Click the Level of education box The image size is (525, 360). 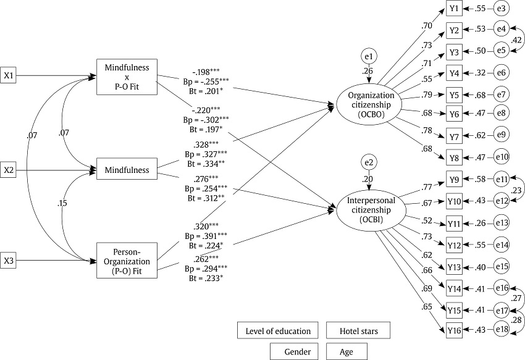278,331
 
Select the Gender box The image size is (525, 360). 293,351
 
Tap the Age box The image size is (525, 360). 346,351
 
